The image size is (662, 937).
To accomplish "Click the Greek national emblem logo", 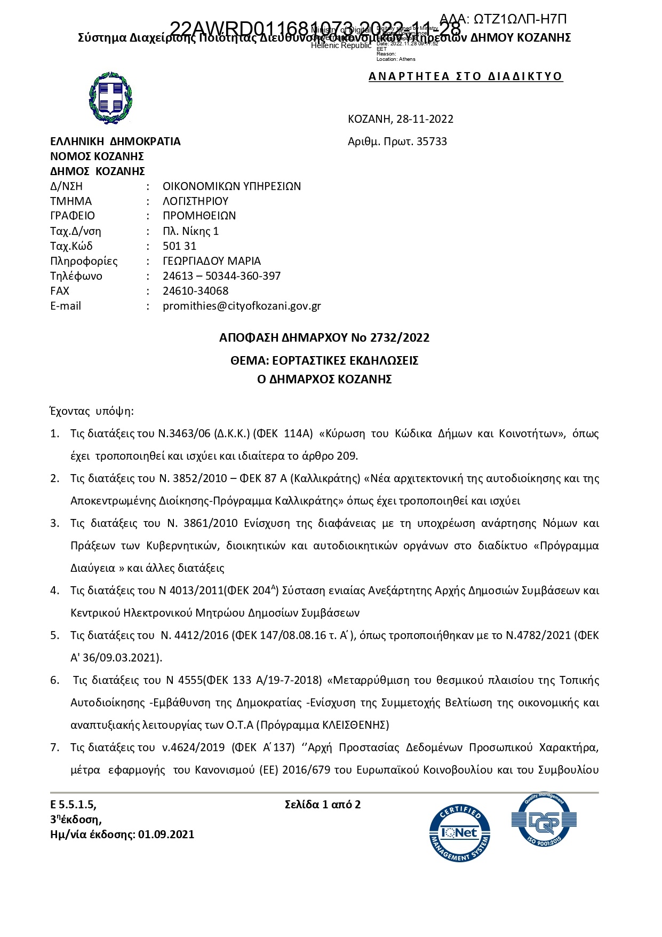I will point(110,98).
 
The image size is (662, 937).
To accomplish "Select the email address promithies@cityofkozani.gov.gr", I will point(242,306).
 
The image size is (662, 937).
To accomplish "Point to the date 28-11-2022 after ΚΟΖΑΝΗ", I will point(425,119).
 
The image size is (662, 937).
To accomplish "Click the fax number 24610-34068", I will point(195,291).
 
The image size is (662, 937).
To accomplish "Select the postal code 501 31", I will point(179,246).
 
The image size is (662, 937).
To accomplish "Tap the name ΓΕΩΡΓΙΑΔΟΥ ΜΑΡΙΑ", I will point(212,261).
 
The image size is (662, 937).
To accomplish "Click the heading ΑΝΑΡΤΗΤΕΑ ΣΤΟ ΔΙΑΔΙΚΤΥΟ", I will point(465,76).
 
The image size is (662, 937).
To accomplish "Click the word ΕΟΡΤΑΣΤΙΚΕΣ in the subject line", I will point(308,360).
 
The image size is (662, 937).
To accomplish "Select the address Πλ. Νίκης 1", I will point(190,231).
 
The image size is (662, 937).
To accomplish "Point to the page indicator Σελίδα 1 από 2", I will point(323,805).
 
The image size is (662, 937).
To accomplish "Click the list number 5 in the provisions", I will point(54,635).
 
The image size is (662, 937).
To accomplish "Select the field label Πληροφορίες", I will point(84,261).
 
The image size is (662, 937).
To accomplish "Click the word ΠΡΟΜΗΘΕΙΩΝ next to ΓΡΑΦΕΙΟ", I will point(199,216).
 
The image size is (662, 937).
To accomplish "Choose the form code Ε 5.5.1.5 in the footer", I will point(73,805).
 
